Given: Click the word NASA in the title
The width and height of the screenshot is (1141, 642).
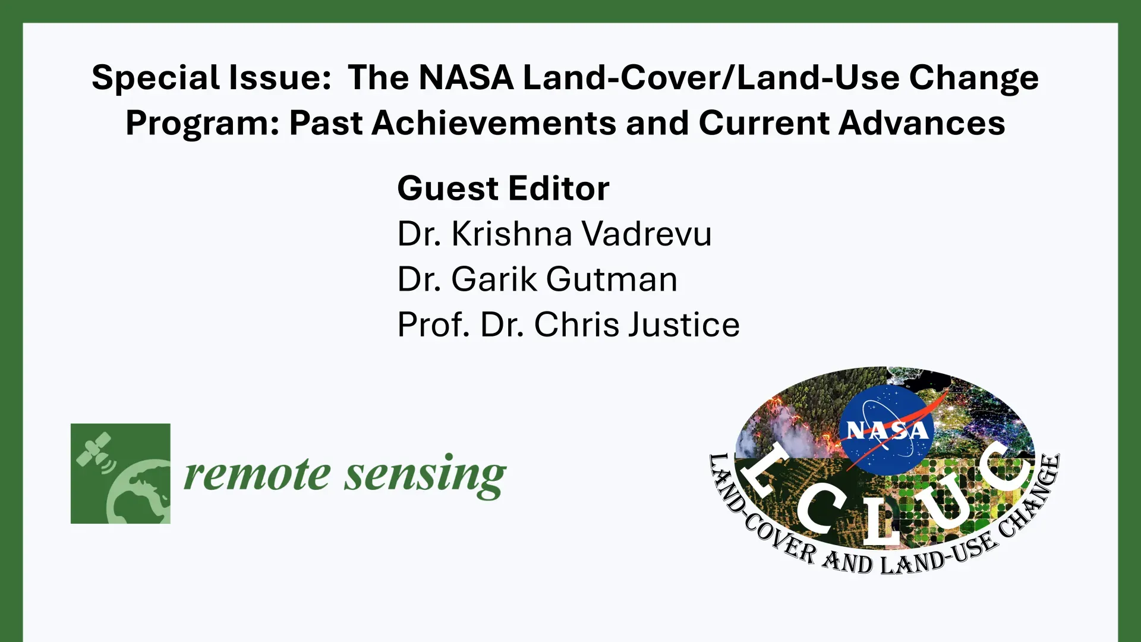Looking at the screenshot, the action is [467, 78].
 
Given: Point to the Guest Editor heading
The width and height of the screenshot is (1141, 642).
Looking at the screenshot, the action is [503, 188].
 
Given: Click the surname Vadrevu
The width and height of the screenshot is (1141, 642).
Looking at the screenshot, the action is [646, 234].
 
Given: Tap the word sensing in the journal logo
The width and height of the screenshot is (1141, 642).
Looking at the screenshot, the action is [425, 476].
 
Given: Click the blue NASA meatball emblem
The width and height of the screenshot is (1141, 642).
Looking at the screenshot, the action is [887, 430].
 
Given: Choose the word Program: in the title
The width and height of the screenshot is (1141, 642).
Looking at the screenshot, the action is [203, 124].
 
